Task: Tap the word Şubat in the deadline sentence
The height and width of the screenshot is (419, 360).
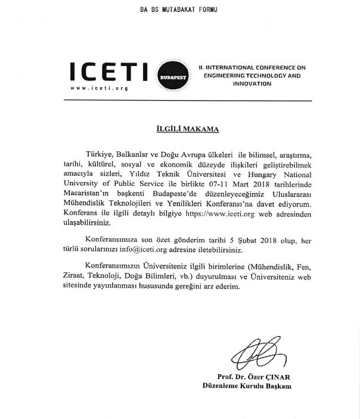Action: click(x=243, y=240)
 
